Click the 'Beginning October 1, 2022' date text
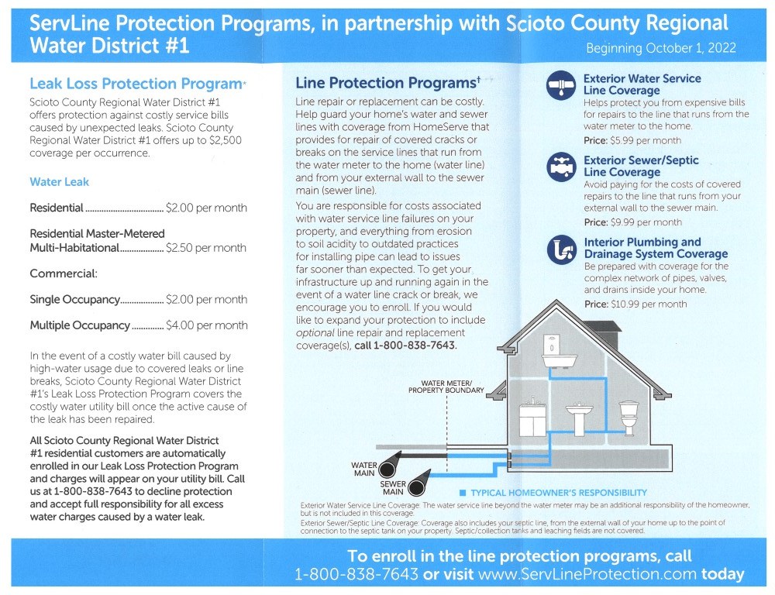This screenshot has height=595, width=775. (x=660, y=48)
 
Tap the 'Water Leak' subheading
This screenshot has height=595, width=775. (x=59, y=182)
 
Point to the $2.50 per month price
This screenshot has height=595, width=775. (x=206, y=248)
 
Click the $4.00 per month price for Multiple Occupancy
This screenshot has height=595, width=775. (x=206, y=325)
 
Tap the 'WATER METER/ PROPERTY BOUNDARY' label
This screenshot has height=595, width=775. (x=446, y=387)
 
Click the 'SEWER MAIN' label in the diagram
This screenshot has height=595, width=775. (x=392, y=487)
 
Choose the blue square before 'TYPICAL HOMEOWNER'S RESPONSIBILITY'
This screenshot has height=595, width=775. (x=462, y=493)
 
